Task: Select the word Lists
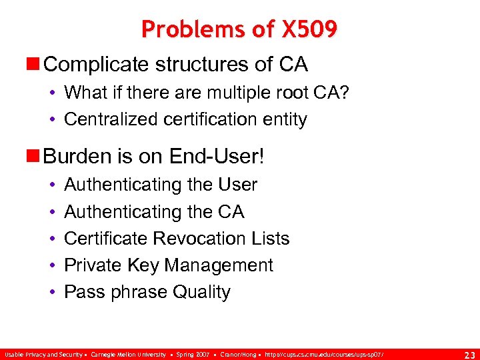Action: point(270,238)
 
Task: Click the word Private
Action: point(93,265)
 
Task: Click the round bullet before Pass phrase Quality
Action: point(51,292)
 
